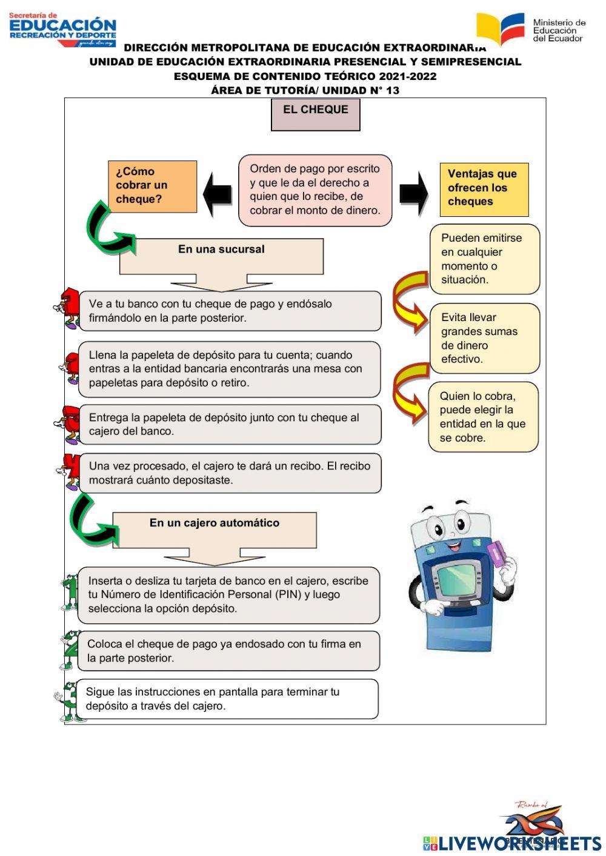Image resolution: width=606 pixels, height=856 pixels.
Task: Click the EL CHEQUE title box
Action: click(315, 114)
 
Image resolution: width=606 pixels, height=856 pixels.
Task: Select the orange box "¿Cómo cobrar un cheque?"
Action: click(152, 186)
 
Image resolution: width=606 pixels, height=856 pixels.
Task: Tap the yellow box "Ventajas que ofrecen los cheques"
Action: click(484, 189)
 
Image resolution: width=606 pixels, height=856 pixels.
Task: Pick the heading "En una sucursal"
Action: click(221, 250)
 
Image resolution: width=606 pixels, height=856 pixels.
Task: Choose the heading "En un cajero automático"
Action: click(215, 523)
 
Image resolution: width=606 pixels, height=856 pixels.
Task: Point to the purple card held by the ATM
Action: click(498, 552)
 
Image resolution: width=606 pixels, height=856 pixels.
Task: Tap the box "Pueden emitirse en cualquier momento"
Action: click(484, 259)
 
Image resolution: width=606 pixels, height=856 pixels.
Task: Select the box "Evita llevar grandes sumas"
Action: click(484, 338)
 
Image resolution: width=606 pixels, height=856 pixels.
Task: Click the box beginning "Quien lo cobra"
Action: click(483, 417)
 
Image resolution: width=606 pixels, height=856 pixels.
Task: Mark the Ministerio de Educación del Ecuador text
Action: click(559, 30)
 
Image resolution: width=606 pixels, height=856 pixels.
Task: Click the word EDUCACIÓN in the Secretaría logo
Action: click(63, 25)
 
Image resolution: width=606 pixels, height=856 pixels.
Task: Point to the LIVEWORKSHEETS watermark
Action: click(512, 843)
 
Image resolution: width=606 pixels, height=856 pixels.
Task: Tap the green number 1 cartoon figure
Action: click(70, 592)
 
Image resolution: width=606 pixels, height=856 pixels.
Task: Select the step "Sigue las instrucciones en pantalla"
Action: click(228, 699)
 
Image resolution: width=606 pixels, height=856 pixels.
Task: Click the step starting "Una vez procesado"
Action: click(230, 473)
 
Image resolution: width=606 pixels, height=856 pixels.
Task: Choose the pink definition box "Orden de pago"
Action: click(315, 190)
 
